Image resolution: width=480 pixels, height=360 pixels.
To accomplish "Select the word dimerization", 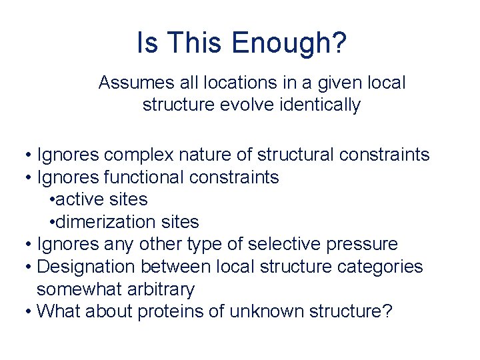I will (106, 221).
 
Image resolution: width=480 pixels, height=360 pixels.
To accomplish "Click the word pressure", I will (361, 244).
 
